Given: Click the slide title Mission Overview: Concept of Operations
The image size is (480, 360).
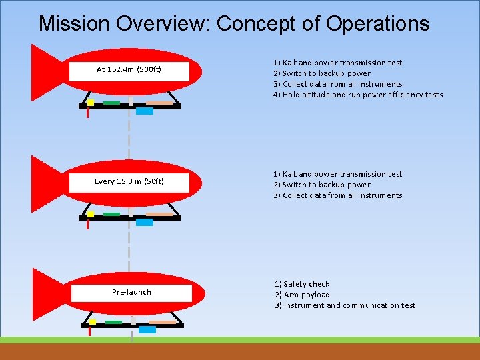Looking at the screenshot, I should (x=234, y=23).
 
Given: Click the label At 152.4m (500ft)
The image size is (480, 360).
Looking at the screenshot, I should (x=129, y=69).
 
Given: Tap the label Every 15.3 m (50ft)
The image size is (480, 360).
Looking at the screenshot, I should (x=129, y=181).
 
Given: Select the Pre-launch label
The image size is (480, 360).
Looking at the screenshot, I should (x=131, y=292).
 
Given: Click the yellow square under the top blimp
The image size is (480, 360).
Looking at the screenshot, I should (x=91, y=103).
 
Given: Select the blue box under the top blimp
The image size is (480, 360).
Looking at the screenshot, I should (x=145, y=111).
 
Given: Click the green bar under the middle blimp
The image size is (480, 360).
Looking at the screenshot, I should (x=111, y=215).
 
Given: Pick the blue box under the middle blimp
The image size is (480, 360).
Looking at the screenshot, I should (x=145, y=223).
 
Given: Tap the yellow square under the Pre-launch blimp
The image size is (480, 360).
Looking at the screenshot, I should (x=93, y=321).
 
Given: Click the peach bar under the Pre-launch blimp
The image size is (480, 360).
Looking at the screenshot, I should (x=163, y=323).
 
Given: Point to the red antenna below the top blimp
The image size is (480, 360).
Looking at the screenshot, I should (x=88, y=113).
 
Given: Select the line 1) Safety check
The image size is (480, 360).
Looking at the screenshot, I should (x=302, y=284).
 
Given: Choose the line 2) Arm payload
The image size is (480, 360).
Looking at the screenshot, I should (x=302, y=295).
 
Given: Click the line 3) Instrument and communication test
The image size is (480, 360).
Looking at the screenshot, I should (x=345, y=305).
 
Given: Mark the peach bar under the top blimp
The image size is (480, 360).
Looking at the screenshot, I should (x=160, y=103).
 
